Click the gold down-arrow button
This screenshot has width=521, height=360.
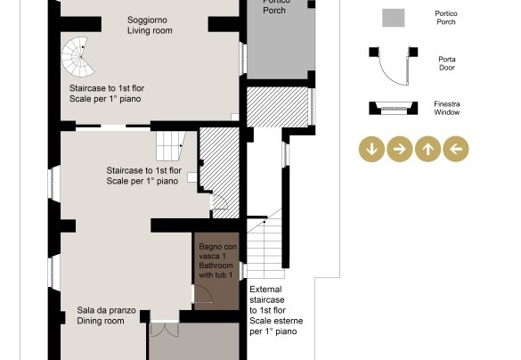[371, 149]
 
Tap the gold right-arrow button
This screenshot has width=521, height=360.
[400, 149]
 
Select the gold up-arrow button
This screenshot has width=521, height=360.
[428, 149]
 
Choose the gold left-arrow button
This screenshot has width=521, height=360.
[456, 149]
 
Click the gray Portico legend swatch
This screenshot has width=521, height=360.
[394, 18]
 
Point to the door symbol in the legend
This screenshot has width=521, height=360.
[394, 66]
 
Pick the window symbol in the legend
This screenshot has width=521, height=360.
[394, 108]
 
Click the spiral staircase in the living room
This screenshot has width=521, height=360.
[77, 56]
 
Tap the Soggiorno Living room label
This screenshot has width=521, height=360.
[150, 25]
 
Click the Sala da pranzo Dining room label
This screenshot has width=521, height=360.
[106, 315]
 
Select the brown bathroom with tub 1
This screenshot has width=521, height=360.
[216, 271]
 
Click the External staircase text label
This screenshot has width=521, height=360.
[276, 310]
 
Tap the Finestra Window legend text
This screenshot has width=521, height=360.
[447, 108]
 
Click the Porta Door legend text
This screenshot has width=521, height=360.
[447, 63]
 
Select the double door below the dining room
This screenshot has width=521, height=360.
[165, 329]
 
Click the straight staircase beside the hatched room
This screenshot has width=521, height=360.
[171, 146]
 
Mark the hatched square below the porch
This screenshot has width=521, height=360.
[278, 107]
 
